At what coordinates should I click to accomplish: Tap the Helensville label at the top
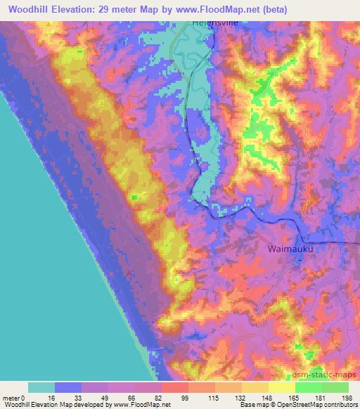click(216, 22)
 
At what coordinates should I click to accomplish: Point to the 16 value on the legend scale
click(55, 397)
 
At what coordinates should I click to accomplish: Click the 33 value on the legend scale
click(82, 397)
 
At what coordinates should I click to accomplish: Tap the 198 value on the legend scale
click(347, 397)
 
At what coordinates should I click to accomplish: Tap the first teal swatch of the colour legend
click(41, 387)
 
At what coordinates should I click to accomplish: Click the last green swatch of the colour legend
click(335, 387)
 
